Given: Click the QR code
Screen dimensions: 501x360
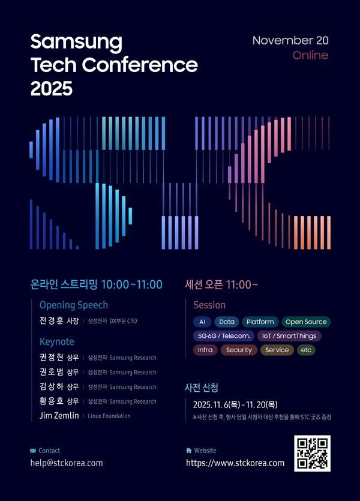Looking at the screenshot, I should click(312, 454).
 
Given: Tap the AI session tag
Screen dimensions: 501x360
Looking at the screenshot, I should click(202, 322).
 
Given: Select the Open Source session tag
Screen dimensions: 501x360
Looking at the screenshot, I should click(306, 322).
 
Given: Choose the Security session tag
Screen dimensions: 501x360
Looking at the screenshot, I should click(239, 350).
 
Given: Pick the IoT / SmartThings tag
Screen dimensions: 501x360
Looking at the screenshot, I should click(290, 336).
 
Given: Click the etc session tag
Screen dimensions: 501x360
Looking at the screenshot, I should click(306, 350).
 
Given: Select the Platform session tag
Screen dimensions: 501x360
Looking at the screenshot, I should click(260, 322).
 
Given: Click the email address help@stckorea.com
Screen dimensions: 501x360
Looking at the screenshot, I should click(67, 463).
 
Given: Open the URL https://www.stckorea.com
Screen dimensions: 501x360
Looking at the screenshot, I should click(235, 463).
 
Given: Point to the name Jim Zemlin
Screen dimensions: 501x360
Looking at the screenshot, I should click(55, 416).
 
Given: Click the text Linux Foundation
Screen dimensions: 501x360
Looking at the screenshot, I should click(109, 416).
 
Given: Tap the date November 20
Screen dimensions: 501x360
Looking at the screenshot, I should click(290, 41).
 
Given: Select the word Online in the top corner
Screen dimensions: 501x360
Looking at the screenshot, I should click(310, 55).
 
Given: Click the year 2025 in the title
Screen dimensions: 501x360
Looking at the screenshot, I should click(51, 89).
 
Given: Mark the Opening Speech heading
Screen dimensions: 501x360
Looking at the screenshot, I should click(74, 305).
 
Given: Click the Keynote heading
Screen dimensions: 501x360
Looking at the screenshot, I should click(57, 341).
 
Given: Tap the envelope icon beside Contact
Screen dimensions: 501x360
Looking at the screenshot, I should click(33, 451).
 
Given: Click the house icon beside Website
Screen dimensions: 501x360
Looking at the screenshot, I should click(189, 451).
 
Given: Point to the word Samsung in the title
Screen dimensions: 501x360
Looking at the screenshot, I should click(76, 42).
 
